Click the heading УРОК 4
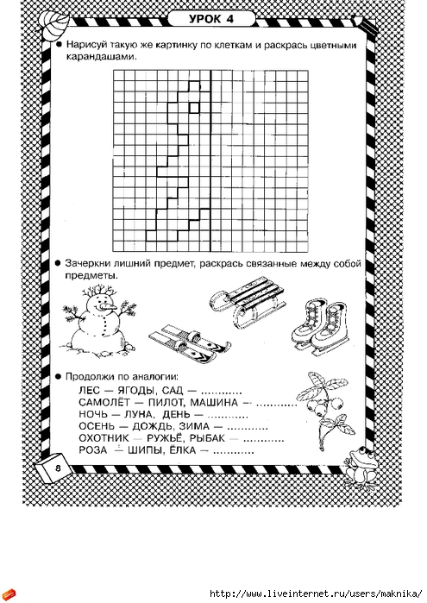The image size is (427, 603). (211, 19)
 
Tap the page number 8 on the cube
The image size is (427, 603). (58, 468)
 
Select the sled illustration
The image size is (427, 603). (248, 301)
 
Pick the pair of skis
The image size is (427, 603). (190, 343)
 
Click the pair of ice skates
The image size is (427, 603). (319, 326)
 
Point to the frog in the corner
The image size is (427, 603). (361, 467)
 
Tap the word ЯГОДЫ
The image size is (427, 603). (135, 391)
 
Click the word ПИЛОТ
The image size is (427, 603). (166, 403)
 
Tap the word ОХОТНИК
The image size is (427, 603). (104, 438)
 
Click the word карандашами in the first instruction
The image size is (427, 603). (102, 57)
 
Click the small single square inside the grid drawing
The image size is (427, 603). (194, 108)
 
